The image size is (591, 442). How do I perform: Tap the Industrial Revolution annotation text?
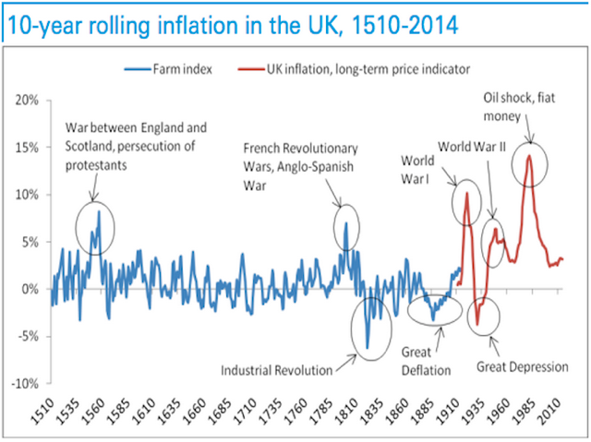pyautogui.click(x=275, y=371)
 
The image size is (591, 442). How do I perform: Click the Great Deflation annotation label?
pyautogui.click(x=425, y=361)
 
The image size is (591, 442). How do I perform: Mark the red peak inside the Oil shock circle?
pyautogui.click(x=529, y=156)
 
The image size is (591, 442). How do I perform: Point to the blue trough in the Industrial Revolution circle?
pyautogui.click(x=367, y=348)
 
